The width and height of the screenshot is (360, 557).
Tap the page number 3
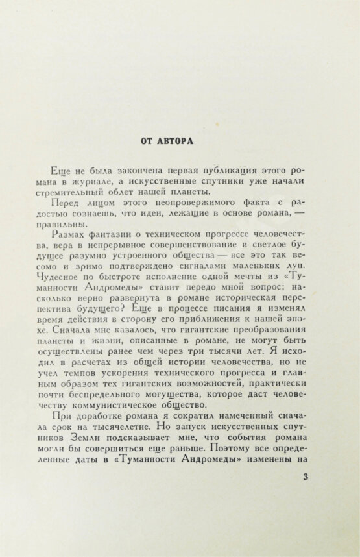click(306, 497)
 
